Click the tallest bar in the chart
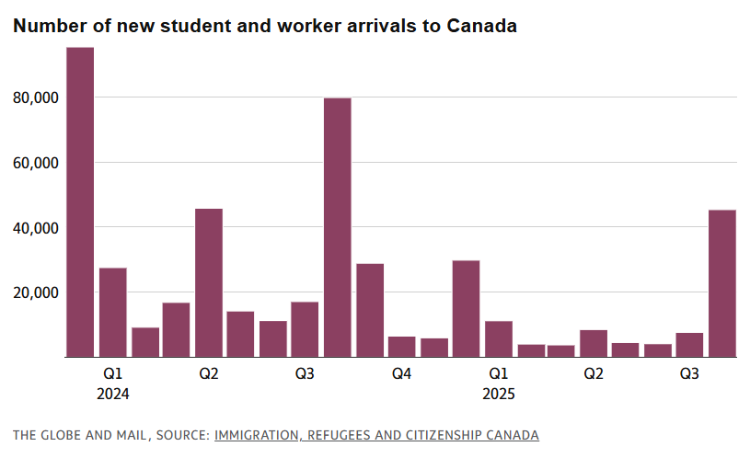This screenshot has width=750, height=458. (80, 202)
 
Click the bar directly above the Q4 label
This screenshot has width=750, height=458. (402, 347)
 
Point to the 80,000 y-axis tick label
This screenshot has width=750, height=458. (34, 97)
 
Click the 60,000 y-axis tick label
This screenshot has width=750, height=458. (34, 163)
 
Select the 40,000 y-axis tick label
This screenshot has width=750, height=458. (34, 227)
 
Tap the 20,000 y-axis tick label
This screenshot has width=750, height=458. (34, 292)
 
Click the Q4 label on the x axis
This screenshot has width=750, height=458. (401, 374)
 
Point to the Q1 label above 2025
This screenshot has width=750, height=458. (498, 374)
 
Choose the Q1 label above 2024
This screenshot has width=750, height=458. (112, 374)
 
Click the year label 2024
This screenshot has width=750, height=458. (112, 394)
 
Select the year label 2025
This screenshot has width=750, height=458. (498, 394)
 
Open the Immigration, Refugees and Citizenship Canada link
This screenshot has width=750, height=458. (376, 434)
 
